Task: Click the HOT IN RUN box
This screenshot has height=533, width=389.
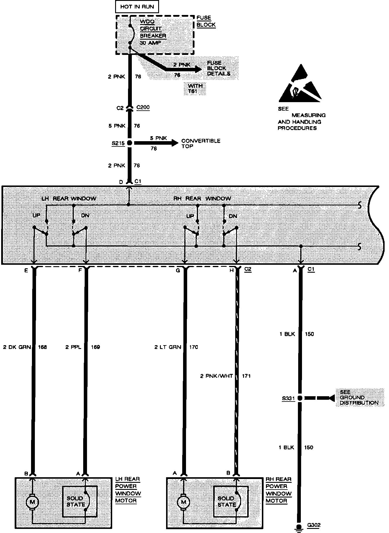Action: pyautogui.click(x=137, y=7)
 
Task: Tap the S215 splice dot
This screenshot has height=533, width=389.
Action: pyautogui.click(x=129, y=143)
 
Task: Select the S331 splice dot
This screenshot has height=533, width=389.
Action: pyautogui.click(x=300, y=398)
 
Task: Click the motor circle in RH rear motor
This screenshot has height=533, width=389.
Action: pyautogui.click(x=184, y=502)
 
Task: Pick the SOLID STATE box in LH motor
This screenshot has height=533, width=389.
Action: pyautogui.click(x=79, y=502)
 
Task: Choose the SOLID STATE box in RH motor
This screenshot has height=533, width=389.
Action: pyautogui.click(x=231, y=502)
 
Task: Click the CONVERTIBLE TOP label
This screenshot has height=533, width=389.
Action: pyautogui.click(x=201, y=144)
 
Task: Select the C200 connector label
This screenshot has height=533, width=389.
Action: pyautogui.click(x=143, y=107)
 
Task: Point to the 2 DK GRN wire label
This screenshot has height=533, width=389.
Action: pyautogui.click(x=17, y=347)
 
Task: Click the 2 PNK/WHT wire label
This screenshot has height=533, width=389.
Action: pyautogui.click(x=216, y=376)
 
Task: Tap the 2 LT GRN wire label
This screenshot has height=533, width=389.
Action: pyautogui.click(x=168, y=347)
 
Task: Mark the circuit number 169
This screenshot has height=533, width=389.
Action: pyautogui.click(x=95, y=347)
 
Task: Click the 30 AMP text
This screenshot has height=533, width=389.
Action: pyautogui.click(x=150, y=43)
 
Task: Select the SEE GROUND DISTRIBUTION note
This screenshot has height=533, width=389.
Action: pyautogui.click(x=359, y=398)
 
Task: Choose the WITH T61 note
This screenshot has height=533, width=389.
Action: pyautogui.click(x=195, y=88)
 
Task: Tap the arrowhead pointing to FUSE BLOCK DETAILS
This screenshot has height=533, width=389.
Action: pyautogui.click(x=199, y=70)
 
